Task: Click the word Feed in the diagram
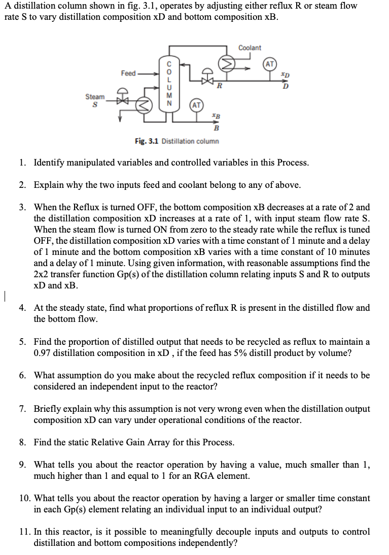[x=128, y=74]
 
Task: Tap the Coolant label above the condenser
[x=250, y=48]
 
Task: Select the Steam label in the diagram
[x=95, y=96]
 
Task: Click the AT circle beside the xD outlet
[x=270, y=64]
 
